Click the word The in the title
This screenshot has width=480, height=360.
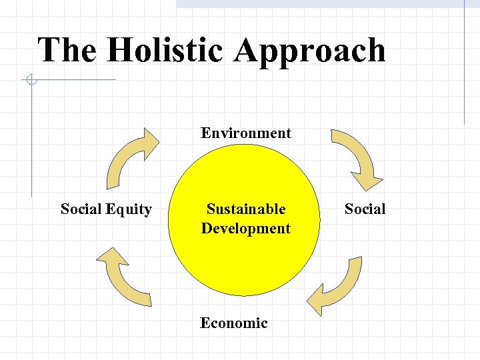click(67, 51)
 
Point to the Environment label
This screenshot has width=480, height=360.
click(246, 133)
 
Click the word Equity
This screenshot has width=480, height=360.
click(129, 209)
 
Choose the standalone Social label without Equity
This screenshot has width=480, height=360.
click(365, 209)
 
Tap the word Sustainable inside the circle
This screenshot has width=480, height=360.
click(246, 209)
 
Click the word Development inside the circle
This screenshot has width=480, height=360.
click(246, 228)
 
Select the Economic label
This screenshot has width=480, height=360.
click(234, 323)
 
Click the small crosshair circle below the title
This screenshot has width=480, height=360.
click(30, 81)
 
